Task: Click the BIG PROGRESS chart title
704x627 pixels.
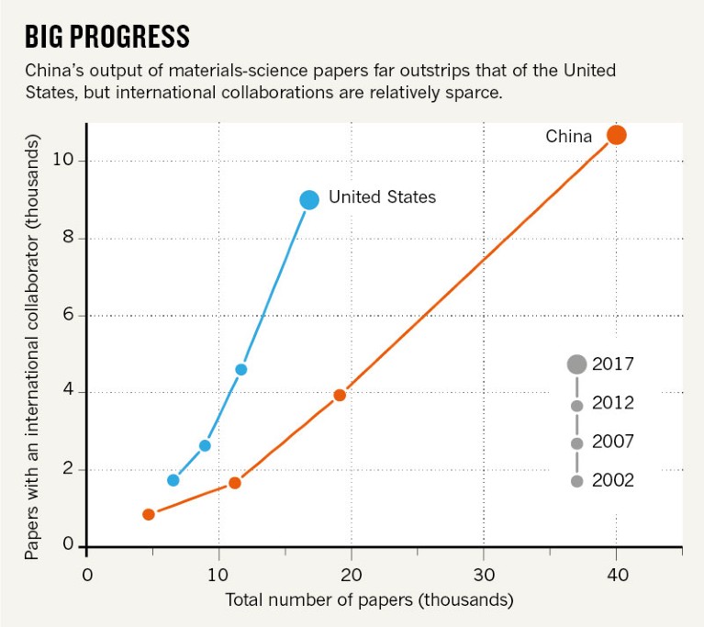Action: click(106, 37)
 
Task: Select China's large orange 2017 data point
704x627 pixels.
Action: click(616, 135)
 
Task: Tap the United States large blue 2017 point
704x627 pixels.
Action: click(309, 199)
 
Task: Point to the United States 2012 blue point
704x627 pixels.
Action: click(240, 369)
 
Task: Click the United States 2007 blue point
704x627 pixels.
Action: click(205, 445)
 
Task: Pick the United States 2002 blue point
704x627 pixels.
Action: click(173, 480)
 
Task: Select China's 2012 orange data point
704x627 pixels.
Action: click(340, 395)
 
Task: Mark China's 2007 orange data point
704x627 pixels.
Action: click(235, 483)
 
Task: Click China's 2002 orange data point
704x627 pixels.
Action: click(149, 514)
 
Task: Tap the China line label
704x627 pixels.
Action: click(569, 137)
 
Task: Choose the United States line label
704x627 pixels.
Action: click(382, 196)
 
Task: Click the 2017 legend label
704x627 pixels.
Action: click(613, 364)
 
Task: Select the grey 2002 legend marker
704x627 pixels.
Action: click(576, 481)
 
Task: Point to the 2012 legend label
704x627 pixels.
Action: click(613, 404)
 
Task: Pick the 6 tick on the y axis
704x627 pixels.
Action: click(65, 316)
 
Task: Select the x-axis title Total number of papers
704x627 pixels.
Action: click(369, 600)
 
